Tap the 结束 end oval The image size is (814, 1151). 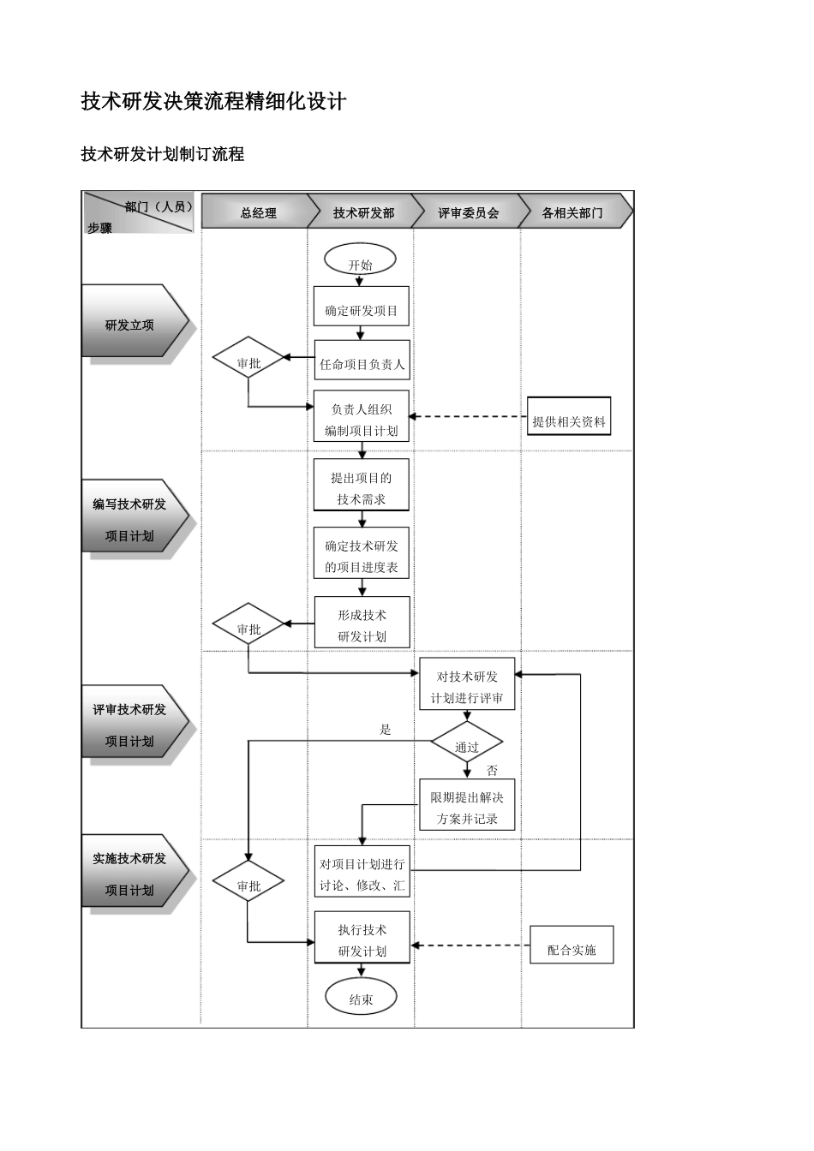[361, 999]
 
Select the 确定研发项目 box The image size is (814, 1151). [361, 310]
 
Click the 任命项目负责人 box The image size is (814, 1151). [362, 364]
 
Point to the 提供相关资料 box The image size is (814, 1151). [569, 420]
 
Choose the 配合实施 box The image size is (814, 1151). [572, 948]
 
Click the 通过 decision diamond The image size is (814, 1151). [466, 746]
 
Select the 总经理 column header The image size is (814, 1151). [258, 212]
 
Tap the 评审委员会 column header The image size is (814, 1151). [468, 212]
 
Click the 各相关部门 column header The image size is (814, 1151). [572, 212]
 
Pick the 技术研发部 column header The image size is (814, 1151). [363, 212]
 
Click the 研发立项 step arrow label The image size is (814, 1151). [130, 325]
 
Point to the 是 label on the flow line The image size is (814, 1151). [386, 730]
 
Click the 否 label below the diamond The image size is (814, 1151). [492, 771]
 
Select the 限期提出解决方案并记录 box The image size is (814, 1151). [467, 807]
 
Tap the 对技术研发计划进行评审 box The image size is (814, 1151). [467, 686]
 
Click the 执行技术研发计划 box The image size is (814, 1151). [362, 939]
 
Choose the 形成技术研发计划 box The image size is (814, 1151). [362, 624]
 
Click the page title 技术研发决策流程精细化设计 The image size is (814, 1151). [214, 102]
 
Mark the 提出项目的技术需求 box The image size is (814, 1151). [361, 487]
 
